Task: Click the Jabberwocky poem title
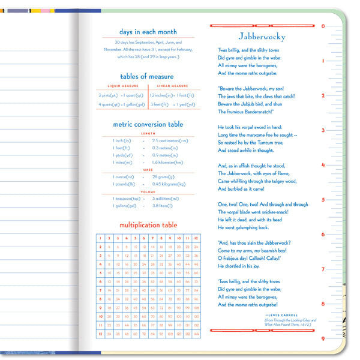click(x=262, y=37)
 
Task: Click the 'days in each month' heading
click(x=147, y=32)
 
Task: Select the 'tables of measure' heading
click(x=147, y=76)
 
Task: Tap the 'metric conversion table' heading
click(x=148, y=124)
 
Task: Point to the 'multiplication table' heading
click(x=148, y=225)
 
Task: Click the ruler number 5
click(x=323, y=200)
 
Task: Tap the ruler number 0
click(x=323, y=26)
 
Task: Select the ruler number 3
click(x=323, y=130)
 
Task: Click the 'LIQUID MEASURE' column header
click(x=122, y=86)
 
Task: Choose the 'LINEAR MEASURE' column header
click(x=173, y=86)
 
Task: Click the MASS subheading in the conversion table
click(x=148, y=170)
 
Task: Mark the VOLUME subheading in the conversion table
click(x=148, y=191)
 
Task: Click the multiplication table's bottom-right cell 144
click(x=196, y=334)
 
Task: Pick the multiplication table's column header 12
click(x=196, y=238)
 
